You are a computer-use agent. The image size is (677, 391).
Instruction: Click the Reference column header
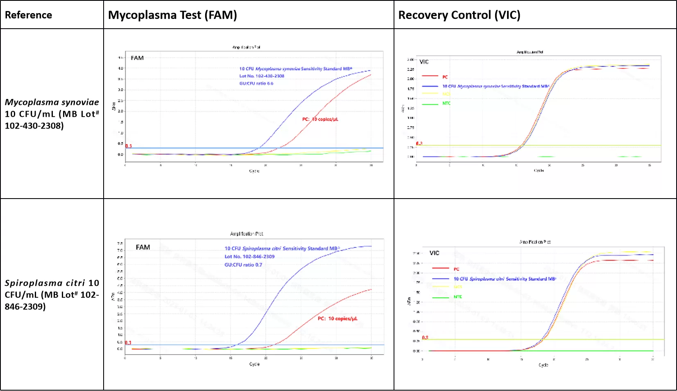[28, 15]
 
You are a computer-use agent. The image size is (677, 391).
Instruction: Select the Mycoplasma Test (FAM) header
[172, 15]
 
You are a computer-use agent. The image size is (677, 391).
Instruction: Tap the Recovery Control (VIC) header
[459, 15]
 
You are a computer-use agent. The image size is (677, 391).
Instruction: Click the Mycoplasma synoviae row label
[52, 114]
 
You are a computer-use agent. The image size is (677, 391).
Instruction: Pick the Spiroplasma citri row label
[52, 294]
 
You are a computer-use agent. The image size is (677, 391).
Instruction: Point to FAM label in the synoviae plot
[137, 58]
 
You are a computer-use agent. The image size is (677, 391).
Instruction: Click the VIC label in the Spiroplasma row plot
[434, 253]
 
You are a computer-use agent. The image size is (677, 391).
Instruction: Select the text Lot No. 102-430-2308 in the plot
[262, 76]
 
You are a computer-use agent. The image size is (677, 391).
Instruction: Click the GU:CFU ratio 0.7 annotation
[243, 265]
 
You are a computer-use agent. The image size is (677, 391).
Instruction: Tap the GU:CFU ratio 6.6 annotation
[256, 83]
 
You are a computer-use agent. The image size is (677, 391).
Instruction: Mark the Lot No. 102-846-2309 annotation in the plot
[249, 257]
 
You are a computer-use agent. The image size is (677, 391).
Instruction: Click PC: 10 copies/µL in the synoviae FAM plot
[320, 119]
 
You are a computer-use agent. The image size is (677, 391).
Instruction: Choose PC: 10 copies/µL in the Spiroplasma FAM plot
[337, 319]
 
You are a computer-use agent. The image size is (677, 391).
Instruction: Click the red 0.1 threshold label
[128, 343]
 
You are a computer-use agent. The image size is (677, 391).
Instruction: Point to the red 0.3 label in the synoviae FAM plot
[129, 146]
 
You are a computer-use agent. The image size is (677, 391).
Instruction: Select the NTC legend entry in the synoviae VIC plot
[446, 104]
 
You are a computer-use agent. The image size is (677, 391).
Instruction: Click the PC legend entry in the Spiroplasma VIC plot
[456, 269]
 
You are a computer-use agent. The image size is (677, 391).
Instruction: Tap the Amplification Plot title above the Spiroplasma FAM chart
[247, 234]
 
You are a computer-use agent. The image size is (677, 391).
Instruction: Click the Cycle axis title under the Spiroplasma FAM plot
[254, 364]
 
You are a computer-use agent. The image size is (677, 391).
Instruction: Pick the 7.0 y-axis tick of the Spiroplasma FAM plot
[120, 251]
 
